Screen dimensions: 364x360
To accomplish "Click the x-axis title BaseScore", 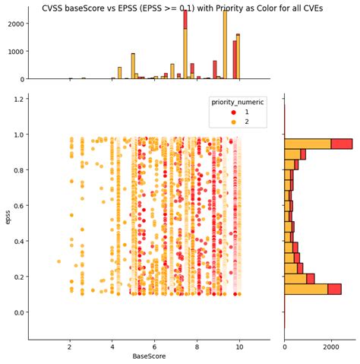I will pyautogui.click(x=149, y=356).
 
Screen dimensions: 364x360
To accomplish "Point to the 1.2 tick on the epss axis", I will pyautogui.click(x=18, y=100).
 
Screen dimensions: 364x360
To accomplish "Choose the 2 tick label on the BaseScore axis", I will pyautogui.click(x=70, y=347).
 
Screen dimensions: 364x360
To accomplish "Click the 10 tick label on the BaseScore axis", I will pyautogui.click(x=240, y=347).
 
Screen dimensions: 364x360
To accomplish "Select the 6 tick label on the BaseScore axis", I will pyautogui.click(x=155, y=347).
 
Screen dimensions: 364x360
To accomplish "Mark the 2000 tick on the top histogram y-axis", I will pyautogui.click(x=14, y=24).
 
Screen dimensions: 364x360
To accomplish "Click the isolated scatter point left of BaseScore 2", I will pyautogui.click(x=58, y=261).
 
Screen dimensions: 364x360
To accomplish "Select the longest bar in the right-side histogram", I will pyautogui.click(x=317, y=144).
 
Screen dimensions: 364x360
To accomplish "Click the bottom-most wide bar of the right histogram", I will pyautogui.click(x=312, y=289).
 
